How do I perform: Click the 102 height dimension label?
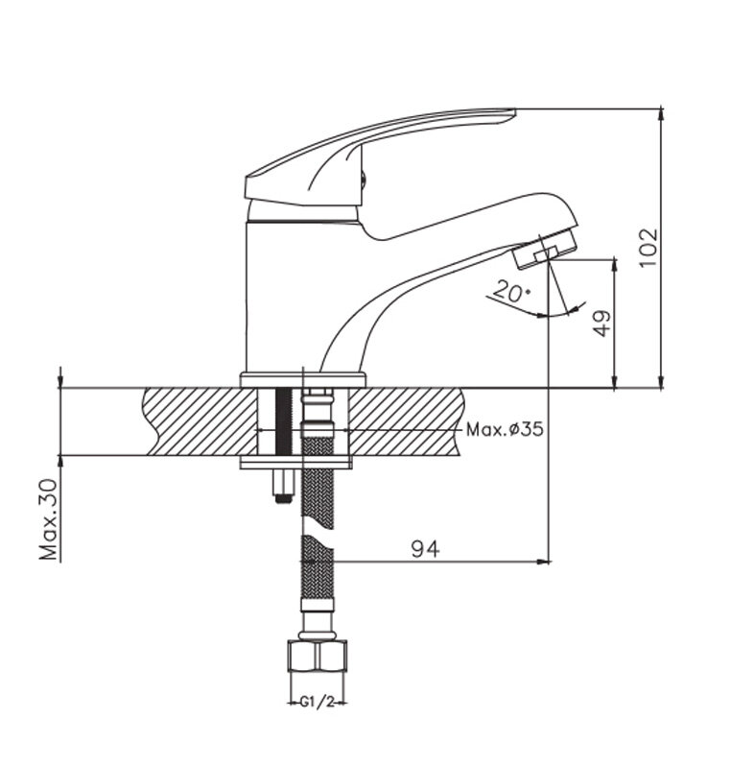tap(648, 247)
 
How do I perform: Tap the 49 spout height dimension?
tap(602, 323)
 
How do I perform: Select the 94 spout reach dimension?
tap(425, 549)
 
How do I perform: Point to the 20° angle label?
tap(510, 292)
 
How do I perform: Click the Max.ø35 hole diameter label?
tap(505, 429)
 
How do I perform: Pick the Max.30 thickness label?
tap(49, 519)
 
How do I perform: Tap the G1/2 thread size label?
tap(317, 703)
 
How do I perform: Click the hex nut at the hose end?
tap(318, 657)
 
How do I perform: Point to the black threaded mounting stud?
tap(283, 422)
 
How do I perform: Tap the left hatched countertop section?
tap(200, 421)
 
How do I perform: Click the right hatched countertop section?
tap(406, 421)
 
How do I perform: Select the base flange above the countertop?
tap(303, 380)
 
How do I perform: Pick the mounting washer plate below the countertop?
tap(296, 463)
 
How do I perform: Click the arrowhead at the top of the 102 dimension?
tap(661, 113)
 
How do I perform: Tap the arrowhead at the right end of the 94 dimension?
tap(543, 562)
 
